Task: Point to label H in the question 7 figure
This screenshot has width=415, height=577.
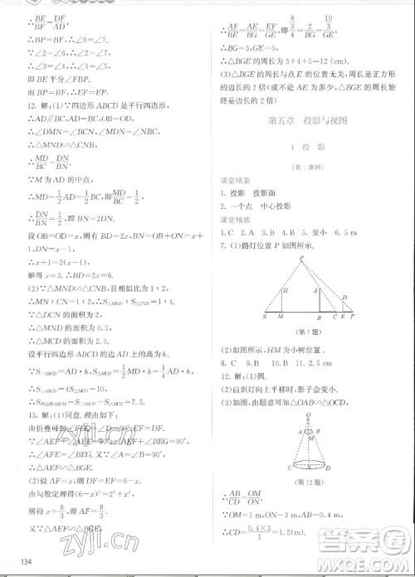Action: tap(284, 290)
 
